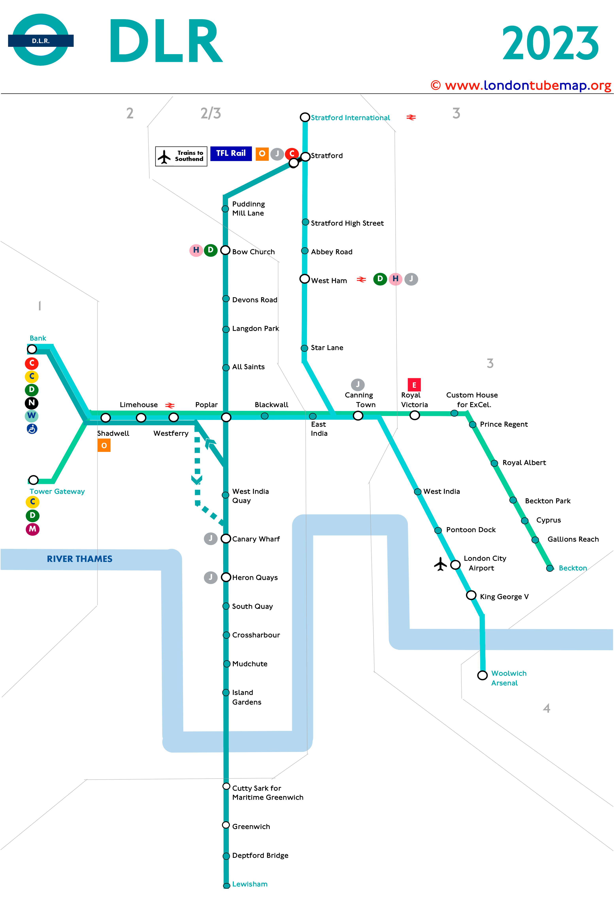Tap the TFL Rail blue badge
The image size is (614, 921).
tap(231, 153)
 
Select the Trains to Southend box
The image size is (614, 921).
tap(181, 156)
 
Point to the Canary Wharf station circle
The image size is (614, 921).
tap(226, 538)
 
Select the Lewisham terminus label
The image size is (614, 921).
tap(250, 884)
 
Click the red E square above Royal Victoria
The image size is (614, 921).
tap(414, 385)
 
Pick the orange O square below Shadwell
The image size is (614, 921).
tap(104, 445)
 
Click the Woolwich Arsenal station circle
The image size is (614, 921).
tap(482, 675)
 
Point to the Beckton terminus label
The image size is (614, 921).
tap(573, 568)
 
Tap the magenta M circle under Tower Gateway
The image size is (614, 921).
tap(32, 529)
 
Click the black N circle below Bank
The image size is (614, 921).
tap(32, 403)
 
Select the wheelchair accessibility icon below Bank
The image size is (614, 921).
tap(32, 429)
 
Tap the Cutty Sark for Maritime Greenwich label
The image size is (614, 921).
tap(268, 793)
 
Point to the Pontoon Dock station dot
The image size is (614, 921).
tap(438, 530)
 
